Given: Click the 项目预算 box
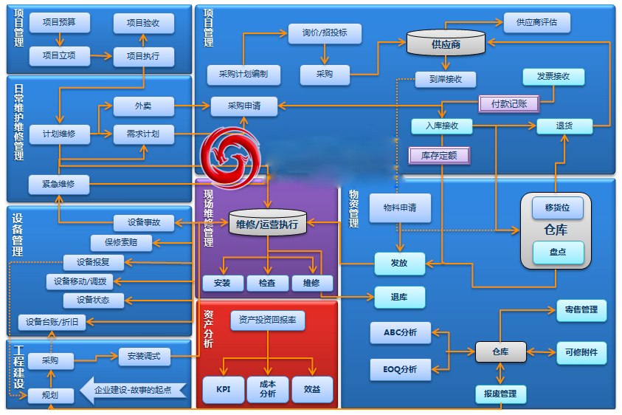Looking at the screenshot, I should tap(61, 23).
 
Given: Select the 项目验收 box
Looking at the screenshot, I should tap(144, 24).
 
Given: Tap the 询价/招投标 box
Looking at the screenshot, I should tap(324, 33).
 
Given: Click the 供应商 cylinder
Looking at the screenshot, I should tap(446, 44).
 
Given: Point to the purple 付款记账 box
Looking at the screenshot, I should tap(508, 104).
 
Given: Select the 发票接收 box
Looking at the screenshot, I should tap(553, 77).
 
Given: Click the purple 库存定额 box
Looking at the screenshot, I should tap(439, 156).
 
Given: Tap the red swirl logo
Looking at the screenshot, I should tap(233, 154).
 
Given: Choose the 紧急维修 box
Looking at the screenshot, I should tap(60, 184).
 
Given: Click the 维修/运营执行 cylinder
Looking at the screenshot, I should tap(267, 224).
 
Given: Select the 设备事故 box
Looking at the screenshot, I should tap(144, 222).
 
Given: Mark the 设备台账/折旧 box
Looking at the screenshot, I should tap(52, 322).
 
